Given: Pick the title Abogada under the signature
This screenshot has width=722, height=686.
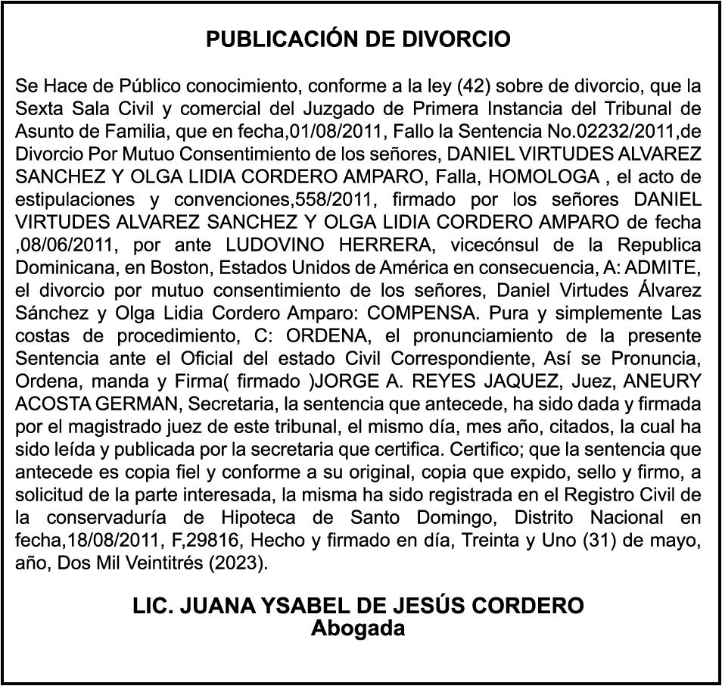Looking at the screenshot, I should pyautogui.click(x=359, y=628).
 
